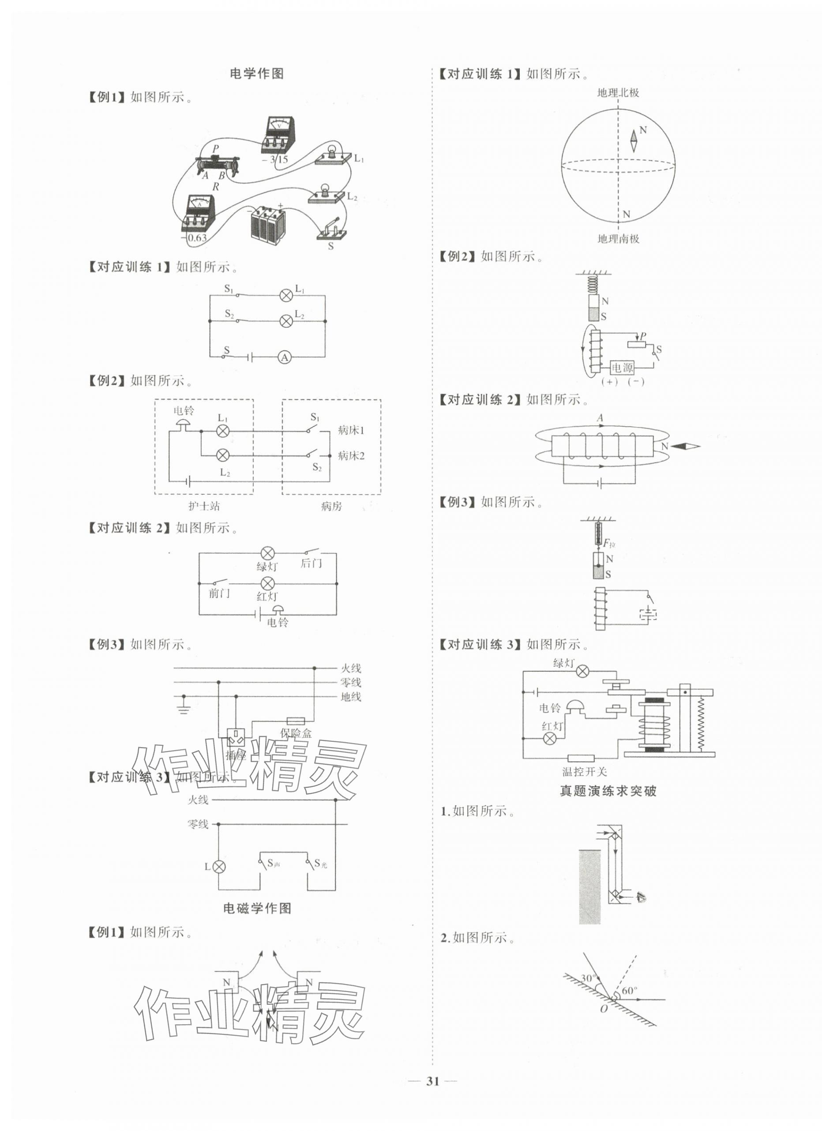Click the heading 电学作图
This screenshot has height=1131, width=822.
(x=256, y=74)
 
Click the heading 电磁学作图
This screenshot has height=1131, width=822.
(x=257, y=908)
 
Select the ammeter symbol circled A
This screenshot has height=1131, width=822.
(x=285, y=357)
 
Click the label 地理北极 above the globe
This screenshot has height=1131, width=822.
(x=618, y=93)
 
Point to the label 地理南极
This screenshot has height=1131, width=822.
(x=618, y=238)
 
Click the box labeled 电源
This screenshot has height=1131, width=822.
(x=623, y=368)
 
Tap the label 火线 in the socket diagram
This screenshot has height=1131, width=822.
(x=351, y=668)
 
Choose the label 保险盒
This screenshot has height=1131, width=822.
(x=296, y=733)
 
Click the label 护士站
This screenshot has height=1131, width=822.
(x=204, y=506)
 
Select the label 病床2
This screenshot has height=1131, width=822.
(x=351, y=455)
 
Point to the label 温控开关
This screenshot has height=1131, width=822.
(x=585, y=771)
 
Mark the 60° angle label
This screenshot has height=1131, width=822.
(x=630, y=990)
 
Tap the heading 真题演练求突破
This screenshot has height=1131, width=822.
(x=608, y=791)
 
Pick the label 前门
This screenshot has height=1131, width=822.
(x=219, y=594)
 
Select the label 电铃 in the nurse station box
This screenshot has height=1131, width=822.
(x=184, y=411)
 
